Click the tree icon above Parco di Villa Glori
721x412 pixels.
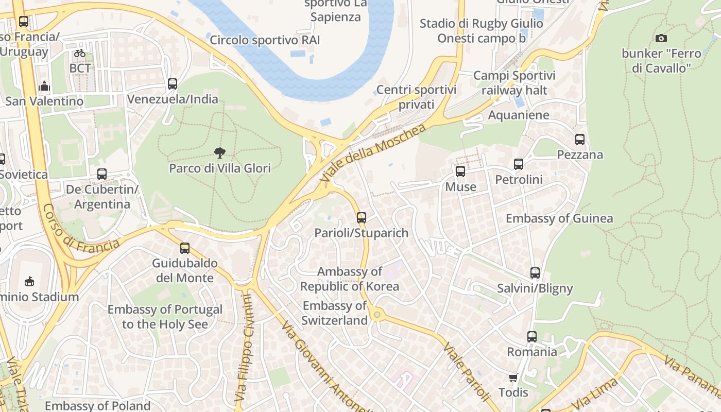coord(220,152)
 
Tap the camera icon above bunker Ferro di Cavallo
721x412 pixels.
coord(661,38)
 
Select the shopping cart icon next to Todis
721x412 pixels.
coord(513,378)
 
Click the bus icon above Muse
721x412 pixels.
coord(460,171)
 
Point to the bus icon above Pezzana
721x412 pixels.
coord(580,139)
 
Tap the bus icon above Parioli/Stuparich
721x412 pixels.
coord(362,217)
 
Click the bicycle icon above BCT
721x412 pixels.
coord(80,53)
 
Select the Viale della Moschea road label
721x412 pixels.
coord(373,152)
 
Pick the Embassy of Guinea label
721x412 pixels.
coord(559,218)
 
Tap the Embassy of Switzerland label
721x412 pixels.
coord(335,313)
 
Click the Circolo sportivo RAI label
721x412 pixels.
coord(265,40)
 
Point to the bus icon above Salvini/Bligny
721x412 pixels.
coord(535,273)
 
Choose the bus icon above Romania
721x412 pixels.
coord(532,337)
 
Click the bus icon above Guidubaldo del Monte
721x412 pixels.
coord(185,248)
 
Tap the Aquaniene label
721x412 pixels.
coord(519,115)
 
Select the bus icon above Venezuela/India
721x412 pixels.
coord(173,83)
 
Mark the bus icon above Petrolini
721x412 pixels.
coord(519,164)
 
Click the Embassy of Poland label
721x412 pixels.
coord(97,406)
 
